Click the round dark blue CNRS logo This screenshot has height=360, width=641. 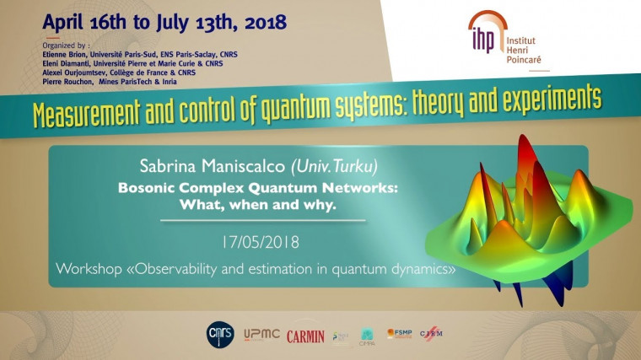[221, 334]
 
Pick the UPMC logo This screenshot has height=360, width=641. [260, 335]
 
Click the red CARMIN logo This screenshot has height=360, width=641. [304, 336]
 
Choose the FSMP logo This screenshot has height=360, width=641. [399, 334]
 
